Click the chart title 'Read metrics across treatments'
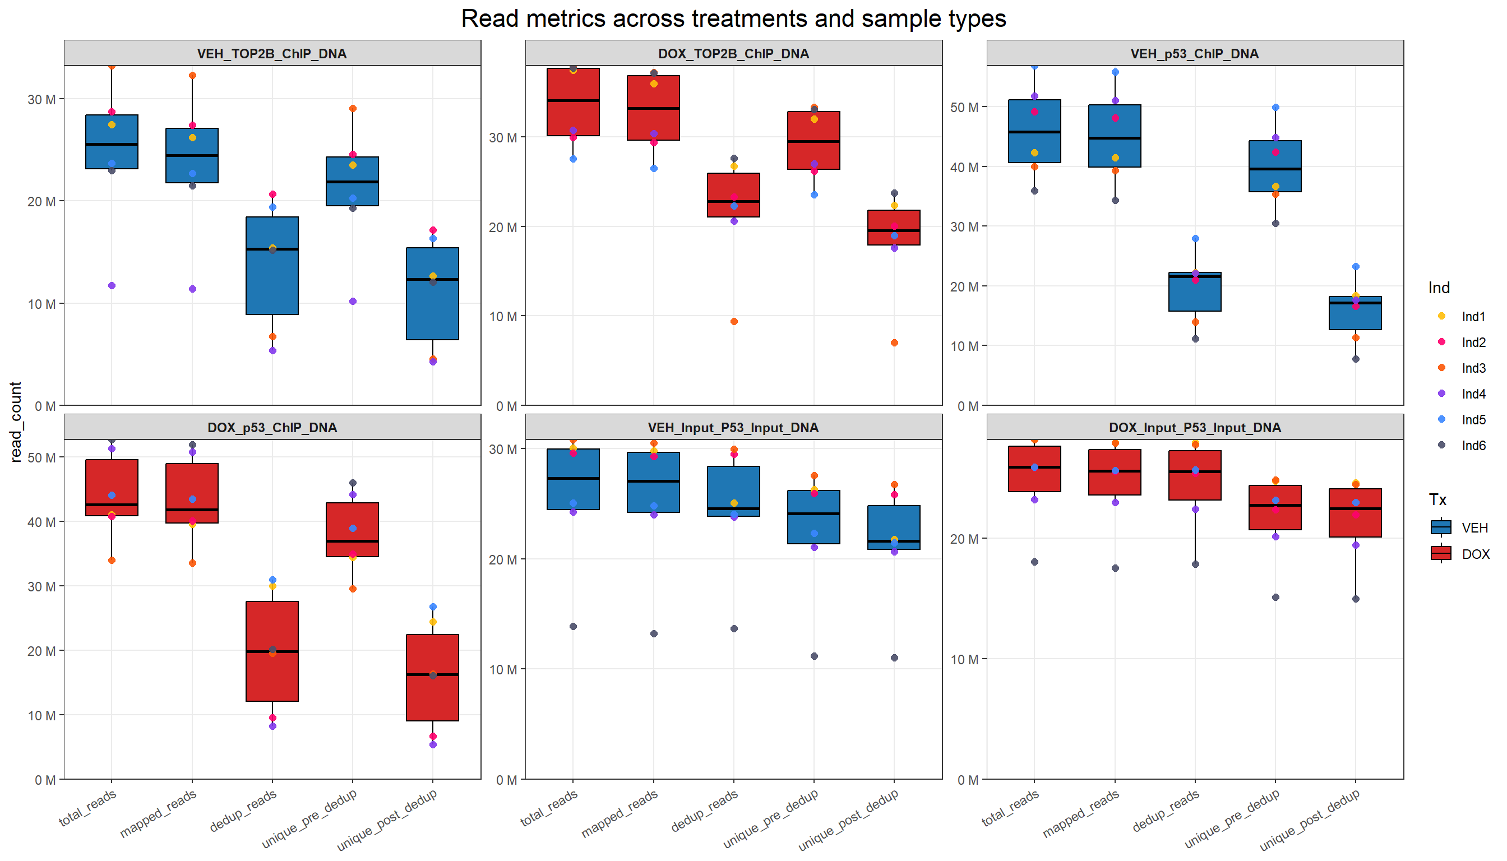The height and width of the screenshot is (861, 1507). (733, 19)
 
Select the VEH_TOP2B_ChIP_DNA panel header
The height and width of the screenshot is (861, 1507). (271, 54)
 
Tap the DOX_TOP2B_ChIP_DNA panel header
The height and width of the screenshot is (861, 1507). (733, 54)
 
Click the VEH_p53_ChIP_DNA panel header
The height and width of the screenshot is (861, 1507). (1194, 54)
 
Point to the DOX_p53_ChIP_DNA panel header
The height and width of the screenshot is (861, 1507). (271, 428)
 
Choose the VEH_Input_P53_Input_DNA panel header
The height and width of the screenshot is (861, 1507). (733, 428)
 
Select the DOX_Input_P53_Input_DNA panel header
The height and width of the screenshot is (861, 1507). (1194, 428)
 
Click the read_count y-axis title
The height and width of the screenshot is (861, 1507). (16, 421)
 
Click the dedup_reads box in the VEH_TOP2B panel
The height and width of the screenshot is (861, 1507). (272, 266)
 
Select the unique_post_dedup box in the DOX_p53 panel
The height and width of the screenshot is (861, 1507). (432, 678)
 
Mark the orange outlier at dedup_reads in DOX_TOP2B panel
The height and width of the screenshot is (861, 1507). (734, 322)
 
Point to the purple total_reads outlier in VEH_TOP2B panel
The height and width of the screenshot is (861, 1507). (112, 286)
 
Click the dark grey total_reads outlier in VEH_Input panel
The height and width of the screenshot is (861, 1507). (573, 626)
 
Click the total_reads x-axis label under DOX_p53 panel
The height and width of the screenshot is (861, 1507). (89, 808)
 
